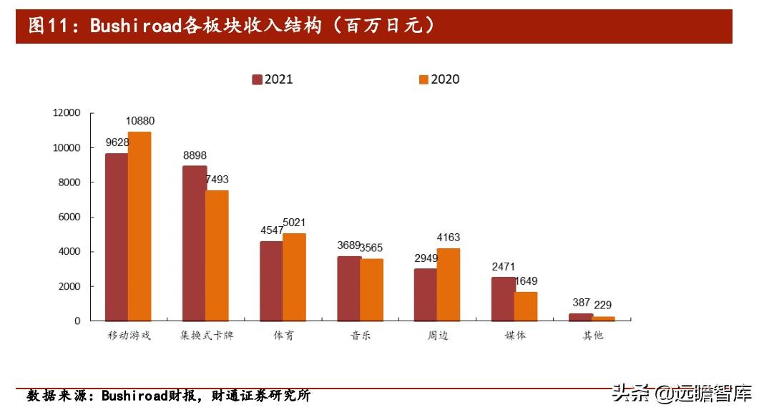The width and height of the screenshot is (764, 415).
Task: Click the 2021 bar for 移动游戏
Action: tap(117, 237)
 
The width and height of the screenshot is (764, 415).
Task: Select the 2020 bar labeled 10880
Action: tap(139, 226)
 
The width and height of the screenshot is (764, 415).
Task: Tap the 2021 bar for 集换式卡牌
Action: tap(194, 243)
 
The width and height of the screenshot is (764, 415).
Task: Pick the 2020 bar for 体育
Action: tap(294, 277)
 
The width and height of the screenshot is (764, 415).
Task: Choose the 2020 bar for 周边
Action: tap(449, 284)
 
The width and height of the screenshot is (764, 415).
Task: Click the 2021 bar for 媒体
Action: tap(503, 299)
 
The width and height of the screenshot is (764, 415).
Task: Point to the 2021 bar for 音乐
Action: tap(348, 288)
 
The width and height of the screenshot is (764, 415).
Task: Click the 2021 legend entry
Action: tap(273, 79)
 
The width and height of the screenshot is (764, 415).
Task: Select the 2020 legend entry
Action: tap(439, 79)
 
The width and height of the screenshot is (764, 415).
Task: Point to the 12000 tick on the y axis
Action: tap(67, 113)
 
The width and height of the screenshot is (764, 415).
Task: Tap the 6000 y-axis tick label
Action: tap(69, 218)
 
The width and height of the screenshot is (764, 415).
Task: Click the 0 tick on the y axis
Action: tap(77, 321)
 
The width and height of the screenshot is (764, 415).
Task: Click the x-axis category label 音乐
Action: tap(360, 335)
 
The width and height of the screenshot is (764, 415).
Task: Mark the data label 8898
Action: tap(195, 155)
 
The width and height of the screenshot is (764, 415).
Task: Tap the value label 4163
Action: tap(448, 238)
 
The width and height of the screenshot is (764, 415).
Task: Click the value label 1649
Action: tap(525, 281)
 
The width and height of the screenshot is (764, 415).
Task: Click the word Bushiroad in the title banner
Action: tap(135, 27)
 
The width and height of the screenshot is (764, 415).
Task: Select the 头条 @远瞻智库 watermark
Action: tap(682, 393)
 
